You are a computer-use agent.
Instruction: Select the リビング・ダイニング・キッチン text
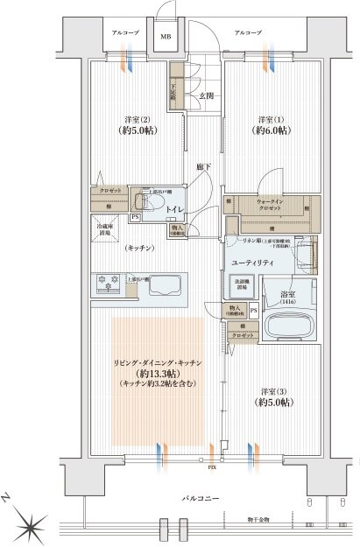pos(158,361)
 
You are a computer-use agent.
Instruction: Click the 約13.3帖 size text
pos(158,373)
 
